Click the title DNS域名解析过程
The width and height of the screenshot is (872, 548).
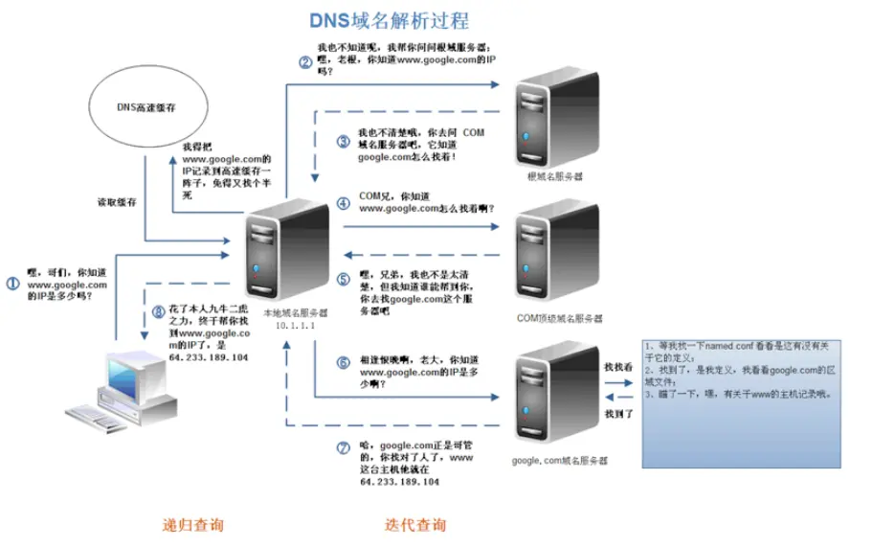pos(390,20)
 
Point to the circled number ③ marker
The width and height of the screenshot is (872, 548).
pos(344,140)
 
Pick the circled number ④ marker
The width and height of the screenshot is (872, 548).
pos(344,203)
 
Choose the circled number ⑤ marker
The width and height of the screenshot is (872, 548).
pos(344,280)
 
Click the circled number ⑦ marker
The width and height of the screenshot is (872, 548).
pos(344,448)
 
